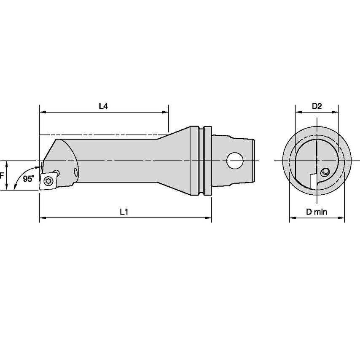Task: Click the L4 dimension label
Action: click(x=103, y=106)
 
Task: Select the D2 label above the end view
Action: click(x=317, y=106)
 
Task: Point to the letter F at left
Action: click(x=2, y=175)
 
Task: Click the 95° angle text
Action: click(x=29, y=179)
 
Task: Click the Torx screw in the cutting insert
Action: click(x=47, y=181)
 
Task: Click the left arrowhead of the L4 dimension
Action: click(x=42, y=112)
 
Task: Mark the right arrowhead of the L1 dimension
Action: click(x=209, y=218)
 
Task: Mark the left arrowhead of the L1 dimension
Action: click(x=42, y=218)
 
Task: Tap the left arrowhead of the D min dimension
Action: click(x=291, y=218)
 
